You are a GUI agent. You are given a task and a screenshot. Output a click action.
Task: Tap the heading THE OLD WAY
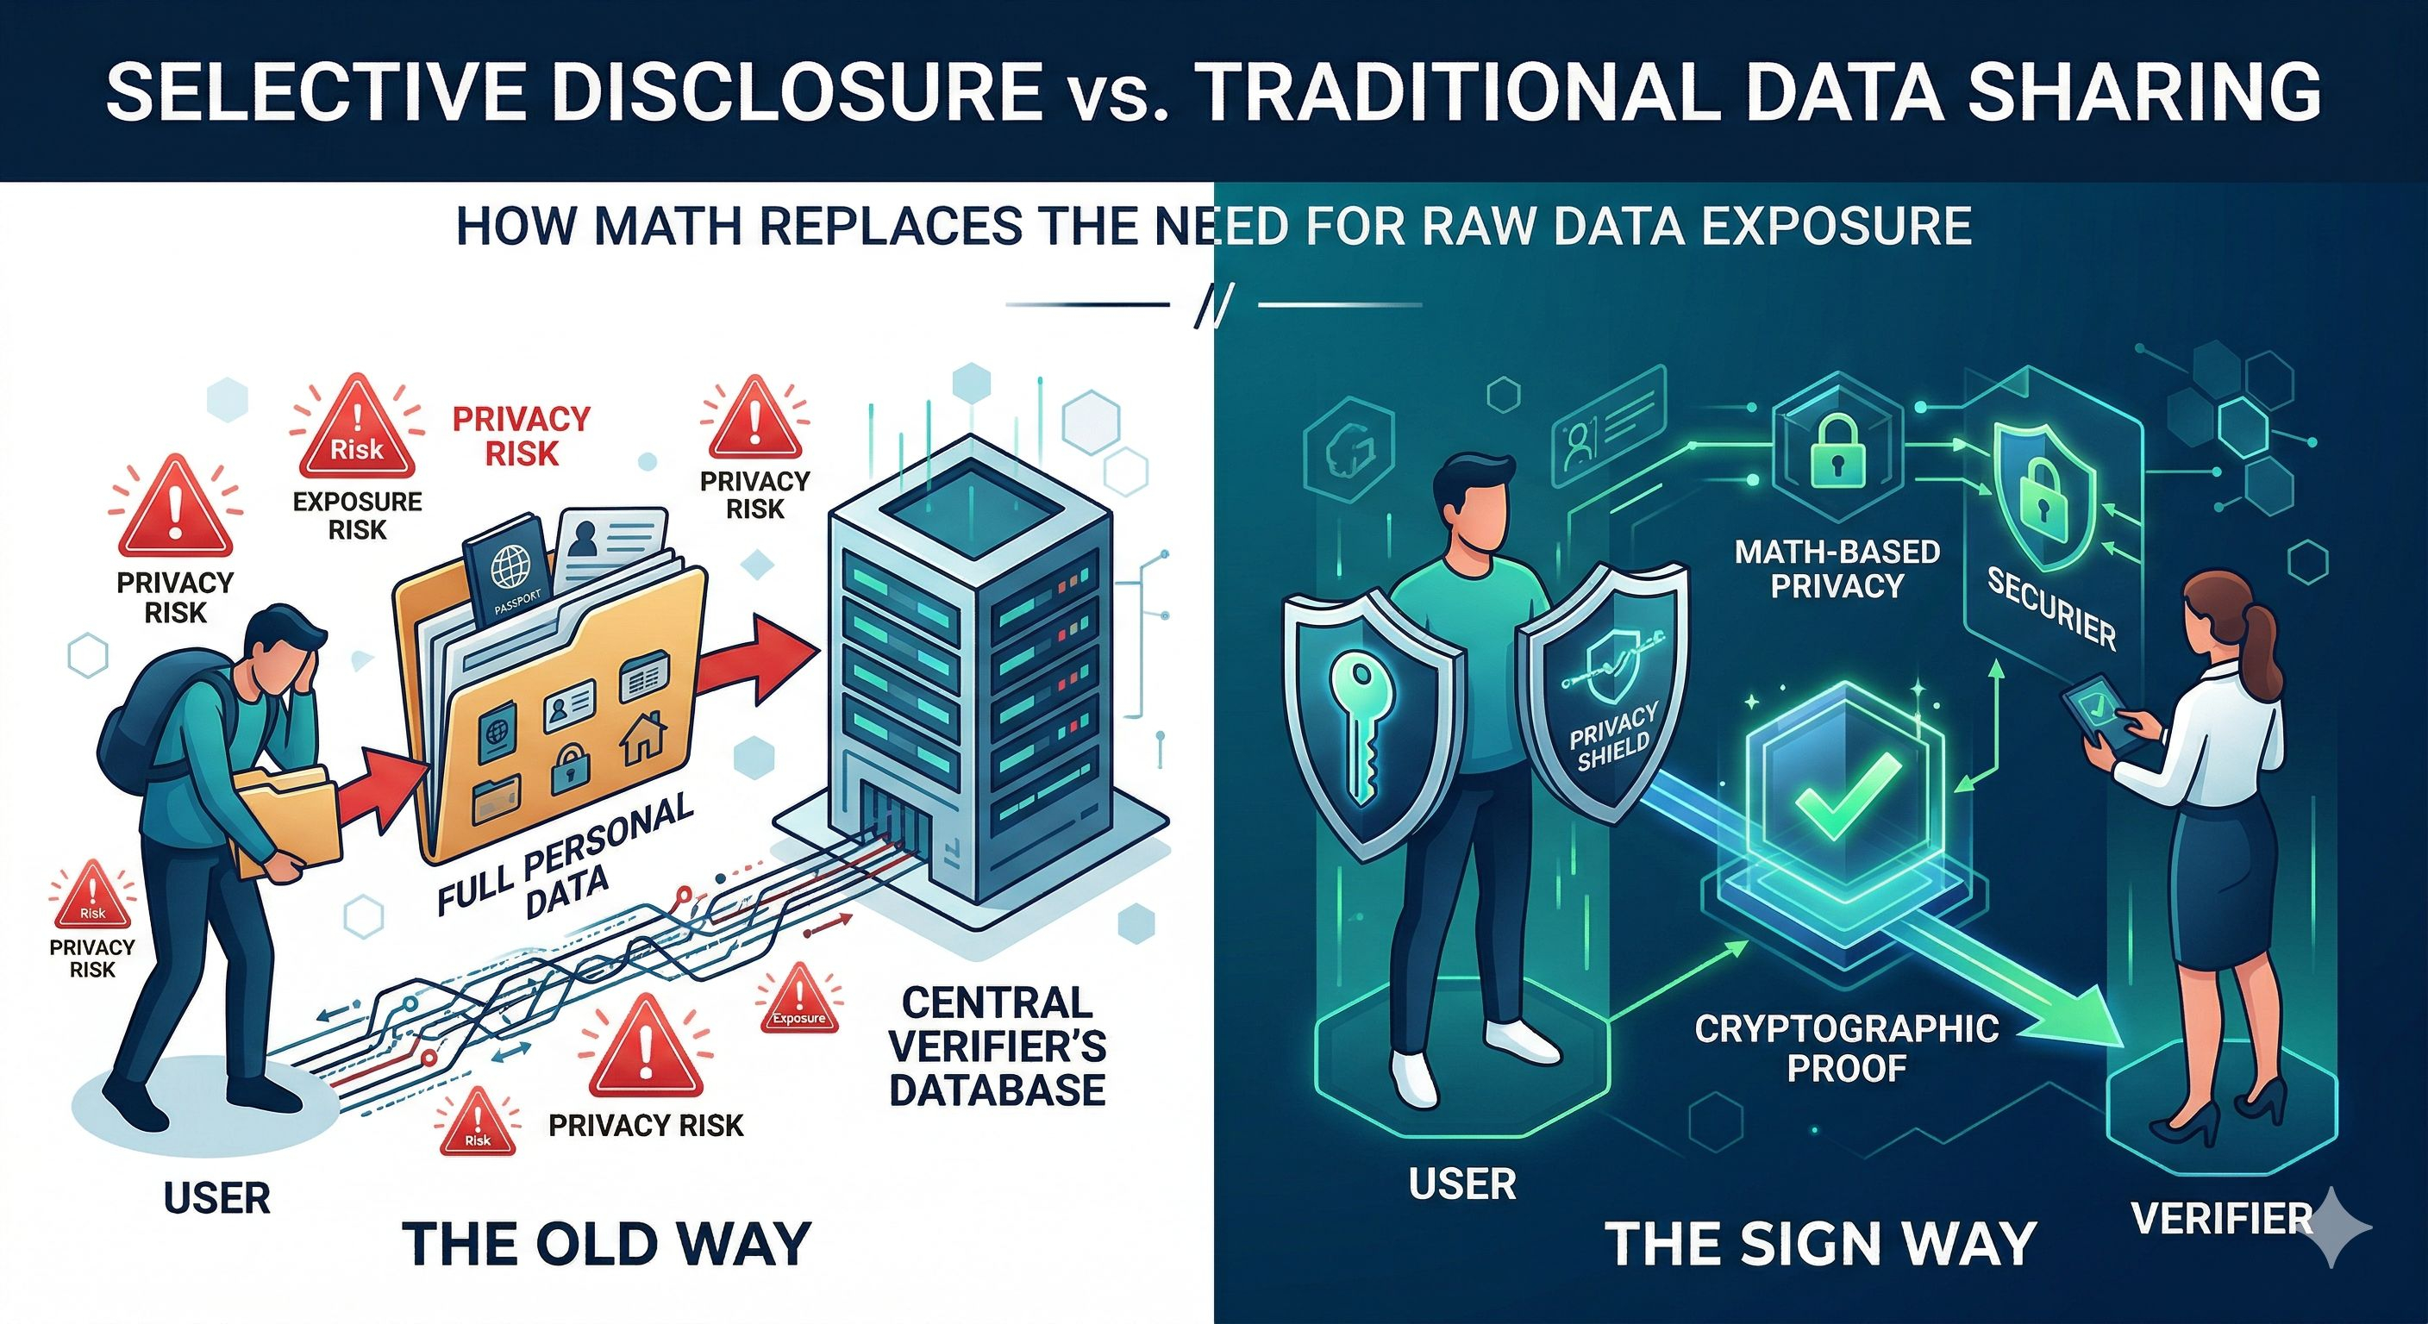point(606,1243)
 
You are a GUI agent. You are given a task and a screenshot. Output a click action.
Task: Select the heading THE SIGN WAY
point(1820,1243)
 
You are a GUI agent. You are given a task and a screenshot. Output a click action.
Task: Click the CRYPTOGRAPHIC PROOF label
point(1847,1048)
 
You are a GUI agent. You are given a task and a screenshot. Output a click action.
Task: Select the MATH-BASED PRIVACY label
point(1837,568)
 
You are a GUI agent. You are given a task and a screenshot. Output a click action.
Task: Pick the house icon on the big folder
point(644,737)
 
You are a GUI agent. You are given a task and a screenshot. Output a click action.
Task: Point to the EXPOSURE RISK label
point(357,515)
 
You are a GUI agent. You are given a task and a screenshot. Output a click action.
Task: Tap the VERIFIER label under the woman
point(2223,1220)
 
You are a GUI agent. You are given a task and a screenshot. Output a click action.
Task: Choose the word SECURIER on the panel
point(2051,609)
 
